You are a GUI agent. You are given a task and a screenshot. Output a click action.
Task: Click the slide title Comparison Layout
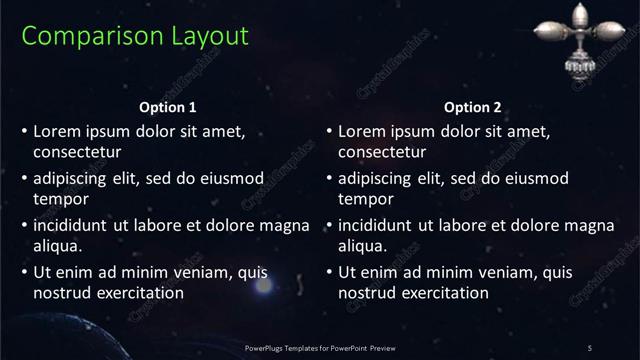[134, 36]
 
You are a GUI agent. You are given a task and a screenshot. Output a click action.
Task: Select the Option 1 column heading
[168, 107]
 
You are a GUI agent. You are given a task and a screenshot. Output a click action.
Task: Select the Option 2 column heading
[473, 107]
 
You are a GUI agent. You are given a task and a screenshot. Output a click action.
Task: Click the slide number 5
[589, 347]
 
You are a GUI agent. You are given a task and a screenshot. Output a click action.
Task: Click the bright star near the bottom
[263, 286]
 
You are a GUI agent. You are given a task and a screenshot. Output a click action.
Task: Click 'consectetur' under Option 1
[77, 153]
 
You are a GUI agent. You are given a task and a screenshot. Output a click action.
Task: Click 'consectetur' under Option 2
[382, 153]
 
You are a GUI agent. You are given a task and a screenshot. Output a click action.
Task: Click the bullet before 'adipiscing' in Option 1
[25, 179]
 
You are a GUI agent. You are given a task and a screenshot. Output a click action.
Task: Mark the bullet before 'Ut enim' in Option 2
[330, 271]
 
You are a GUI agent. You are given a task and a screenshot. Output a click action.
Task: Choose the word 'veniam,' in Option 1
[200, 271]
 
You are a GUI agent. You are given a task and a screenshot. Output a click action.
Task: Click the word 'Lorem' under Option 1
[56, 131]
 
